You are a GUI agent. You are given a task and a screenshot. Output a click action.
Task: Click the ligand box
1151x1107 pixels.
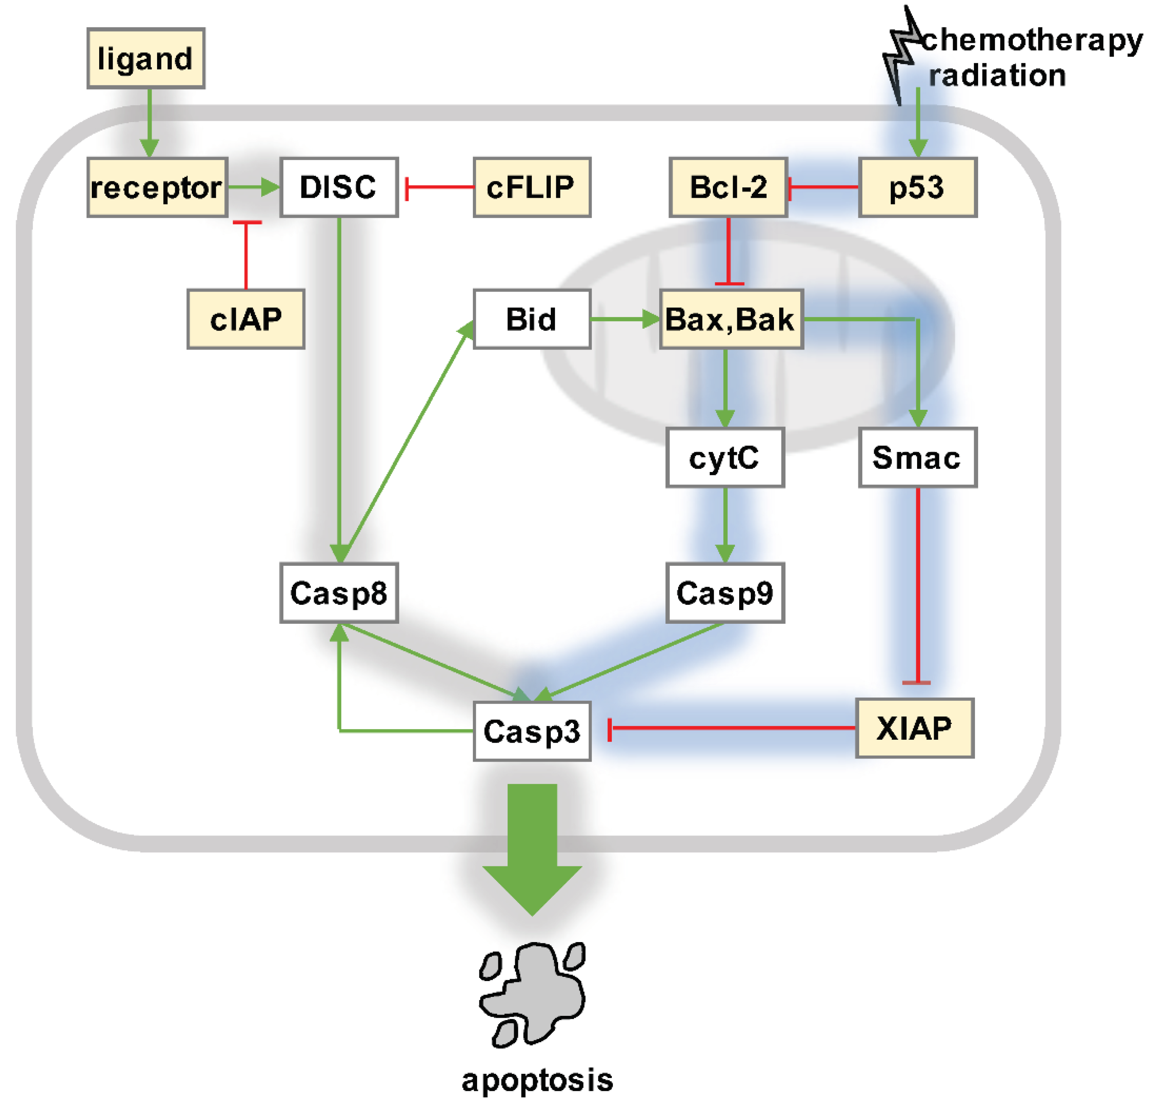[146, 58]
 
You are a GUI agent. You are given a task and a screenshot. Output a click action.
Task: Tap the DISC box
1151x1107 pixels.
[339, 187]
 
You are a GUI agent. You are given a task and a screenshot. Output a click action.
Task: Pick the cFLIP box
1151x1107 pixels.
[531, 187]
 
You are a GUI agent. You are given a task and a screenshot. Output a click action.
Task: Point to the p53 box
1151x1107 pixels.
[917, 187]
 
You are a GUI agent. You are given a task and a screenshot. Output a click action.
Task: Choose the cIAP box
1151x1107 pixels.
[245, 319]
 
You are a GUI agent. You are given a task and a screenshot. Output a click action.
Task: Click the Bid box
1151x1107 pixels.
[531, 319]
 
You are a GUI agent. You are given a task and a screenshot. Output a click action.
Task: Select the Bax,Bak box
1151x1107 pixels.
[731, 319]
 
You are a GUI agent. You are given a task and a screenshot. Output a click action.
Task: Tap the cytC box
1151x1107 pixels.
[724, 457]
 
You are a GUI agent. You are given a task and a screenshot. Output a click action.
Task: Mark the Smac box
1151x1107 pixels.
[917, 457]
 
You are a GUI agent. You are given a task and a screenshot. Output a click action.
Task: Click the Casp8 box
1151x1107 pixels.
[339, 593]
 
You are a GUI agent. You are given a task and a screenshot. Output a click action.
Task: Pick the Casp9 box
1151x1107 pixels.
[724, 593]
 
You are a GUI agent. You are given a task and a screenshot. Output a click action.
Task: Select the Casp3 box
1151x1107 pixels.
[531, 731]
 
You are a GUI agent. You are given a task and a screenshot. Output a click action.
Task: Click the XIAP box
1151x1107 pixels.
[914, 728]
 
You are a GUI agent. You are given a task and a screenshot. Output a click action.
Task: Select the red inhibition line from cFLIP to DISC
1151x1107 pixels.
[440, 187]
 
